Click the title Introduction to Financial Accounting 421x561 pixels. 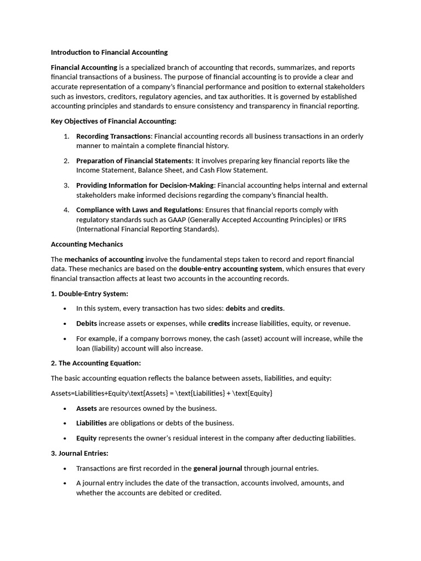coord(109,53)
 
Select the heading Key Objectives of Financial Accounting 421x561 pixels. coord(113,121)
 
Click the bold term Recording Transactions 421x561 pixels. coord(113,136)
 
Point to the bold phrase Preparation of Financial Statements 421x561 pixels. coord(134,161)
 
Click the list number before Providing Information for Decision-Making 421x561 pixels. coord(66,186)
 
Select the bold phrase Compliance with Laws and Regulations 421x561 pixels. coord(139,210)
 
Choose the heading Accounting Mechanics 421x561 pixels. coord(87,244)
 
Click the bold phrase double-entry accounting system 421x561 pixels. coord(230,269)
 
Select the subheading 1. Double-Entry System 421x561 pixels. coord(89,294)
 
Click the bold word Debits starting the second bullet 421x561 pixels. coord(86,324)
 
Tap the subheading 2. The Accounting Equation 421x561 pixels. coord(95,363)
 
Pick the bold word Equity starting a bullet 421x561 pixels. coord(86,438)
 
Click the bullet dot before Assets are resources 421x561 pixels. coord(65,409)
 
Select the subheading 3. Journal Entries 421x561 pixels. coord(79,453)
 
